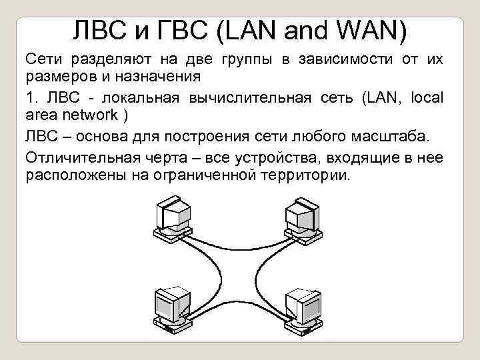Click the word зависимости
coord(341,59)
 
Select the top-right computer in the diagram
coord(301,217)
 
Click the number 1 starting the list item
coord(30,98)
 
